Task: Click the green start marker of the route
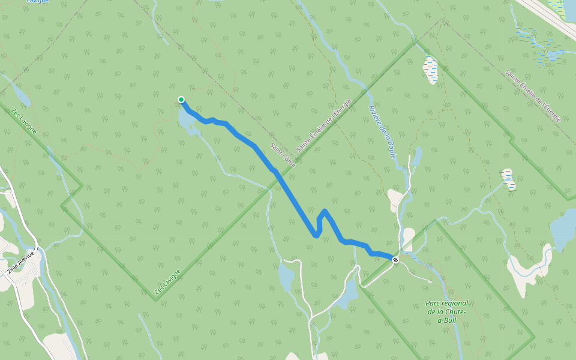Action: point(181,100)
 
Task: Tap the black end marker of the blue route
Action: point(395,259)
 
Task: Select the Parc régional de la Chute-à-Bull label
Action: point(447,311)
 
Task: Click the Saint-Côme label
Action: point(283,154)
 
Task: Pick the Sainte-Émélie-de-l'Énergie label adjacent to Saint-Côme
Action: point(324,125)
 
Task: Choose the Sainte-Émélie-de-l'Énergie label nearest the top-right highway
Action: point(533,96)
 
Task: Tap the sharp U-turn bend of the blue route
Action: point(316,235)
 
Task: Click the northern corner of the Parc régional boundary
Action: point(436,221)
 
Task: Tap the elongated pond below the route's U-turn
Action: point(286,276)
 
